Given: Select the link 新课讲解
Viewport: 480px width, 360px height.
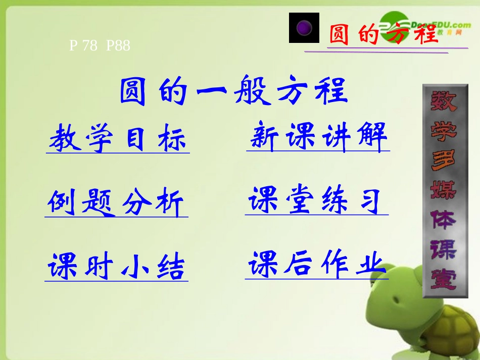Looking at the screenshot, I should point(318,136).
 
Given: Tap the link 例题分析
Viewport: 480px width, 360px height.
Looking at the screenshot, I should point(116,203).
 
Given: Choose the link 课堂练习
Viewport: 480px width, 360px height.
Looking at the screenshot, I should point(317,201).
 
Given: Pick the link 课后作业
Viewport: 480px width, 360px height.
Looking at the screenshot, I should point(317,265).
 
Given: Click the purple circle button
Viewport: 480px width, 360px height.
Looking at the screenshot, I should point(304,28).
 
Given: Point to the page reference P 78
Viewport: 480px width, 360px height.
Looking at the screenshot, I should point(83,46).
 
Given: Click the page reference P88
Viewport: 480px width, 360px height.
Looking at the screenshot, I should point(118,46).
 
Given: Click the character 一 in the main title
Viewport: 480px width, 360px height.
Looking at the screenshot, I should point(209,92).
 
